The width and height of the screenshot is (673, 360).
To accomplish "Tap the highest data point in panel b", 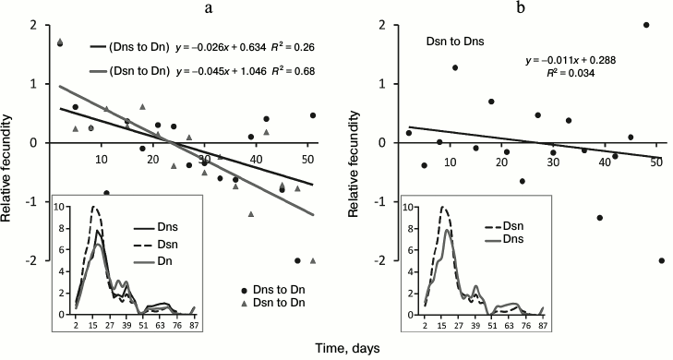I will pos(645,25).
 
